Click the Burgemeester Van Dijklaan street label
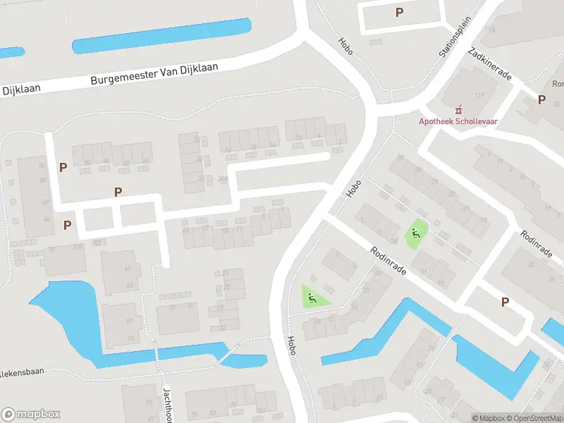[x=154, y=73]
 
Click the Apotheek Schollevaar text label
[x=459, y=121]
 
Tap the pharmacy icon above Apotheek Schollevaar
[x=459, y=109]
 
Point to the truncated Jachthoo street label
[x=168, y=403]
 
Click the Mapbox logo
[x=31, y=414]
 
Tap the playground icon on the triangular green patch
[x=311, y=297]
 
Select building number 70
[x=51, y=250]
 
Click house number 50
[x=87, y=163]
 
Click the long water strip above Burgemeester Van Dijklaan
[x=162, y=35]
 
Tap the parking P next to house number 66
[x=67, y=225]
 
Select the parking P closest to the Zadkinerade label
[x=541, y=99]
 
